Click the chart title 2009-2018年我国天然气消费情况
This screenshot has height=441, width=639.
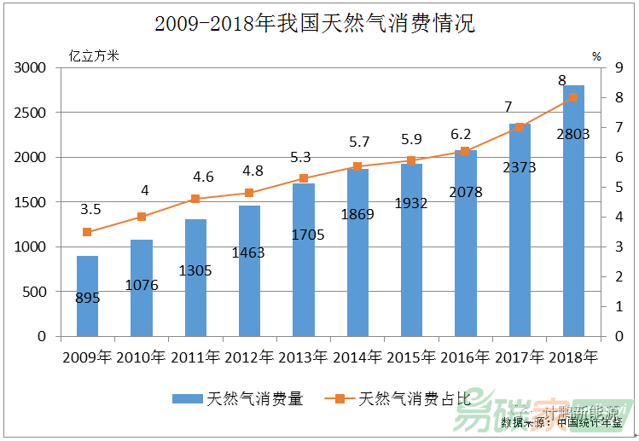[315, 23]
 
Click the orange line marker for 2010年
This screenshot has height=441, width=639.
[142, 217]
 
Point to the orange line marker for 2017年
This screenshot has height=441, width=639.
[519, 127]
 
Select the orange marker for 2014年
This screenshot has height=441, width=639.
[357, 166]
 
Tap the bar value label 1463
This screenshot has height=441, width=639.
[249, 252]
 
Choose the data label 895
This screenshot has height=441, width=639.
[87, 297]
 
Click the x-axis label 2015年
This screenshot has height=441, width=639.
[411, 357]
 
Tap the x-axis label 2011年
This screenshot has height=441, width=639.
[195, 357]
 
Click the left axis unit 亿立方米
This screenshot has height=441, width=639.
[94, 56]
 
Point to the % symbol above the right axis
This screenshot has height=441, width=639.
[596, 56]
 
